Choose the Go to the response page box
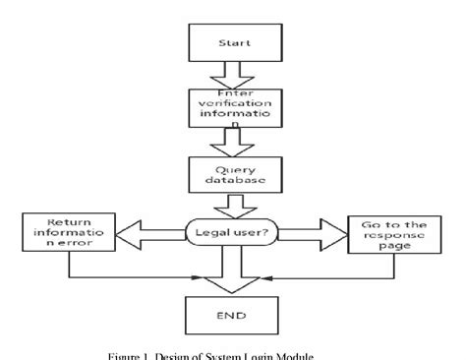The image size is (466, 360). pos(388,237)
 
